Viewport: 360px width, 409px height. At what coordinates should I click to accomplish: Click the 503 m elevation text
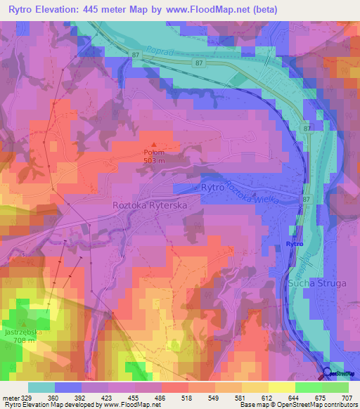155,160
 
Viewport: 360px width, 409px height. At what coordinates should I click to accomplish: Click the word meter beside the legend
12,398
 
